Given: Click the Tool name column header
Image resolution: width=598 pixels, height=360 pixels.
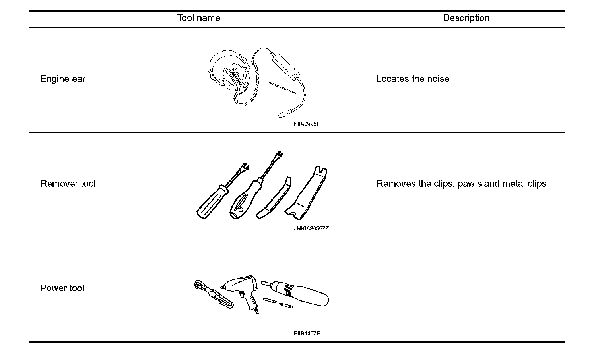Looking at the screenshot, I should click(x=198, y=18).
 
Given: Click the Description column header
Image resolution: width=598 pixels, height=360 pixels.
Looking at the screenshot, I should click(x=466, y=18).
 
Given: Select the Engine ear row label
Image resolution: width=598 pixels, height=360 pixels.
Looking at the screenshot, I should click(x=63, y=79).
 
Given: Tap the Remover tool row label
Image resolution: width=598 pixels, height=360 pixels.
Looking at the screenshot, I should click(x=68, y=184).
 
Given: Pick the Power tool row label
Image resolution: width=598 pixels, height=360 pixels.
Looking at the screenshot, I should click(x=62, y=288).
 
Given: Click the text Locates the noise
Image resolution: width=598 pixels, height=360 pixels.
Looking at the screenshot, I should click(x=413, y=79).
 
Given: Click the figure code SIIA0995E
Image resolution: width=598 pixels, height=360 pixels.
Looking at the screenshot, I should click(x=307, y=124).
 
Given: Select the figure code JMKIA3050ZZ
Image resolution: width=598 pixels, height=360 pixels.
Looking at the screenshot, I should click(x=311, y=229).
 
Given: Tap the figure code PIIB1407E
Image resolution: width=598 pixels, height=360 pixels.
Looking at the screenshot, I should click(x=307, y=333).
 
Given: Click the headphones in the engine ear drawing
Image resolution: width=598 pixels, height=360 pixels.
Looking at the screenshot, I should click(x=229, y=75).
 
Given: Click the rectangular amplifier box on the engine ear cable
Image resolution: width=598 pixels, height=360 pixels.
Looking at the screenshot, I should click(x=285, y=66).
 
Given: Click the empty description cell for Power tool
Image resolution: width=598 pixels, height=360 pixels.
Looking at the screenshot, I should click(x=464, y=289).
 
